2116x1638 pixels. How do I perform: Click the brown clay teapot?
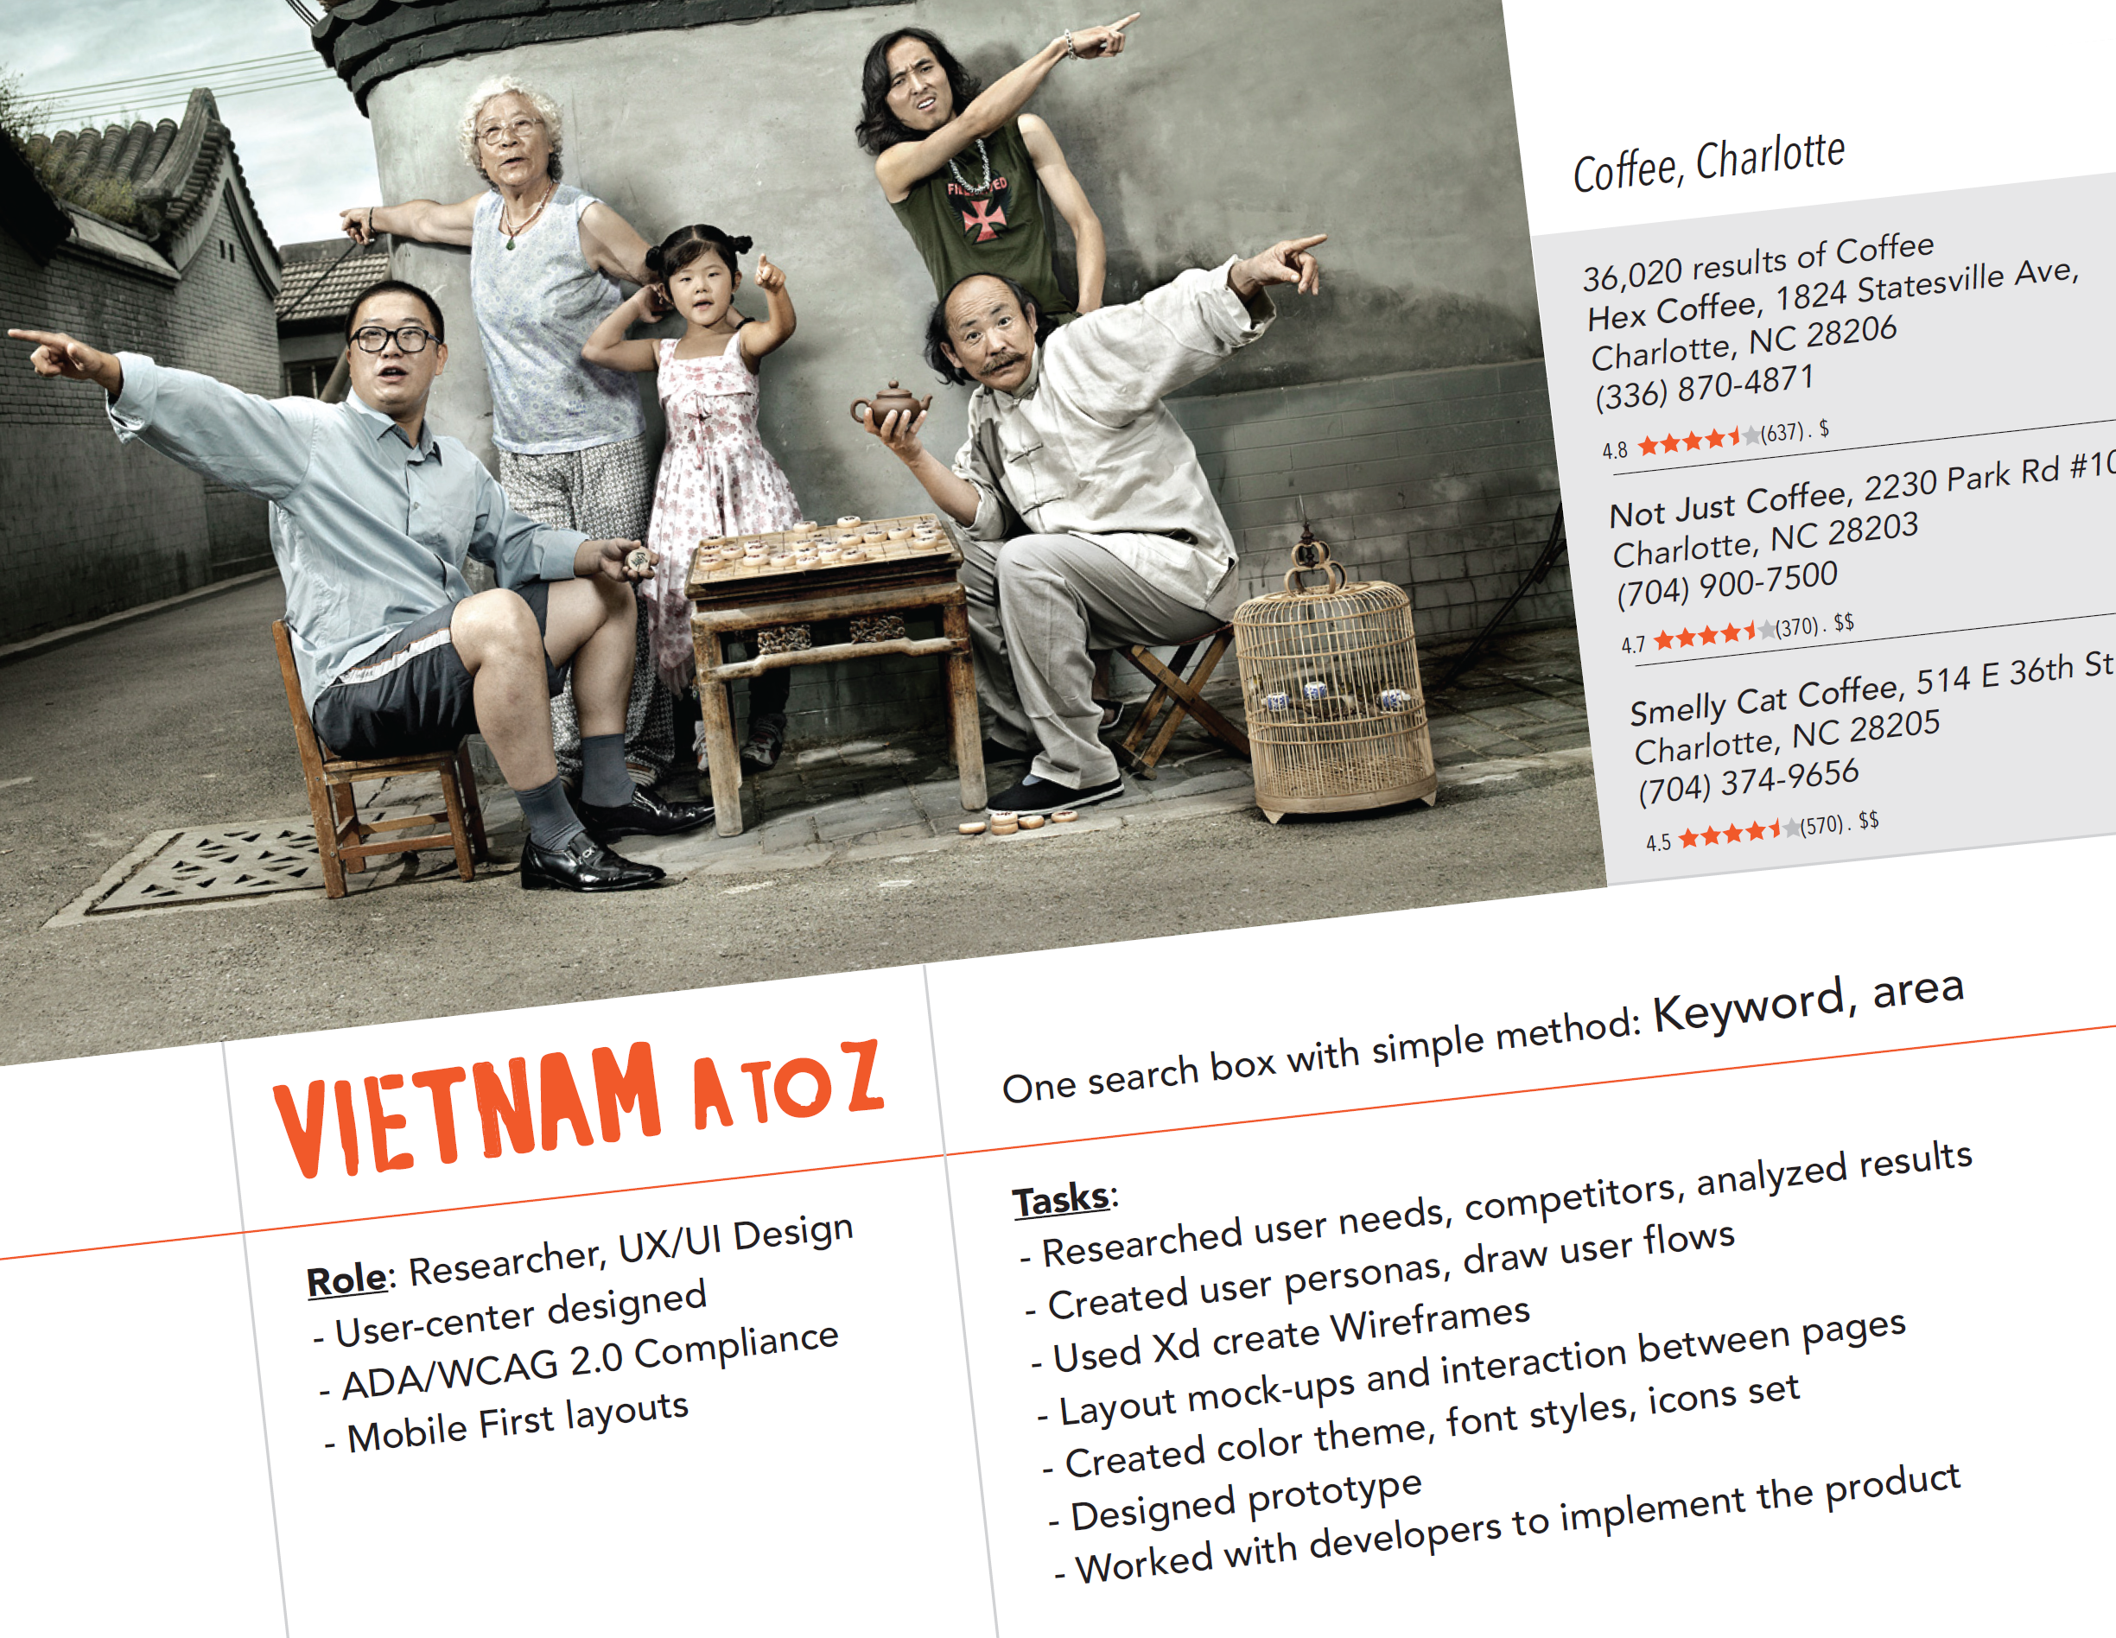[889, 407]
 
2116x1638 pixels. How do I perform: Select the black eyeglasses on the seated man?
[393, 339]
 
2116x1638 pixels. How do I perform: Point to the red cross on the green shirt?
[983, 218]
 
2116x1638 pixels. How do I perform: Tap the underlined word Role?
[346, 1279]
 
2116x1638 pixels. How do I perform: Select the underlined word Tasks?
[1061, 1199]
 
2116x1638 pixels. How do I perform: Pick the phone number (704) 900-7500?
[1727, 584]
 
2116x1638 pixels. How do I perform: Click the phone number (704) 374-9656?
[1749, 782]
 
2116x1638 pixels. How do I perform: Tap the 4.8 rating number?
[1614, 450]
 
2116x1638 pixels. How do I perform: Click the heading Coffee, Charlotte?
[1709, 163]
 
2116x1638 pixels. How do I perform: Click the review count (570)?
[1821, 826]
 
